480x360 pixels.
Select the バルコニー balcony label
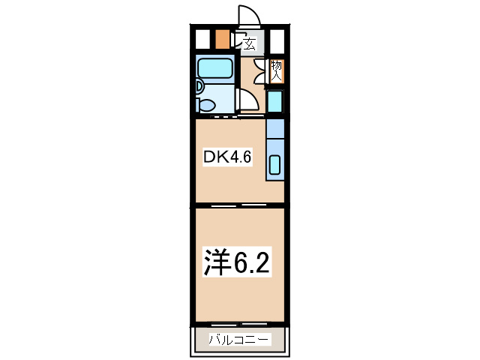click(x=238, y=340)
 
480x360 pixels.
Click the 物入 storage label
click(x=276, y=70)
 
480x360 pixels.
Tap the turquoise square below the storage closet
click(x=274, y=100)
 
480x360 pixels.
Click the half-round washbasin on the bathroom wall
click(x=199, y=87)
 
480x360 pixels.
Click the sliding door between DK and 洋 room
click(x=225, y=205)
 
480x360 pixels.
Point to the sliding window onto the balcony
click(x=240, y=324)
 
